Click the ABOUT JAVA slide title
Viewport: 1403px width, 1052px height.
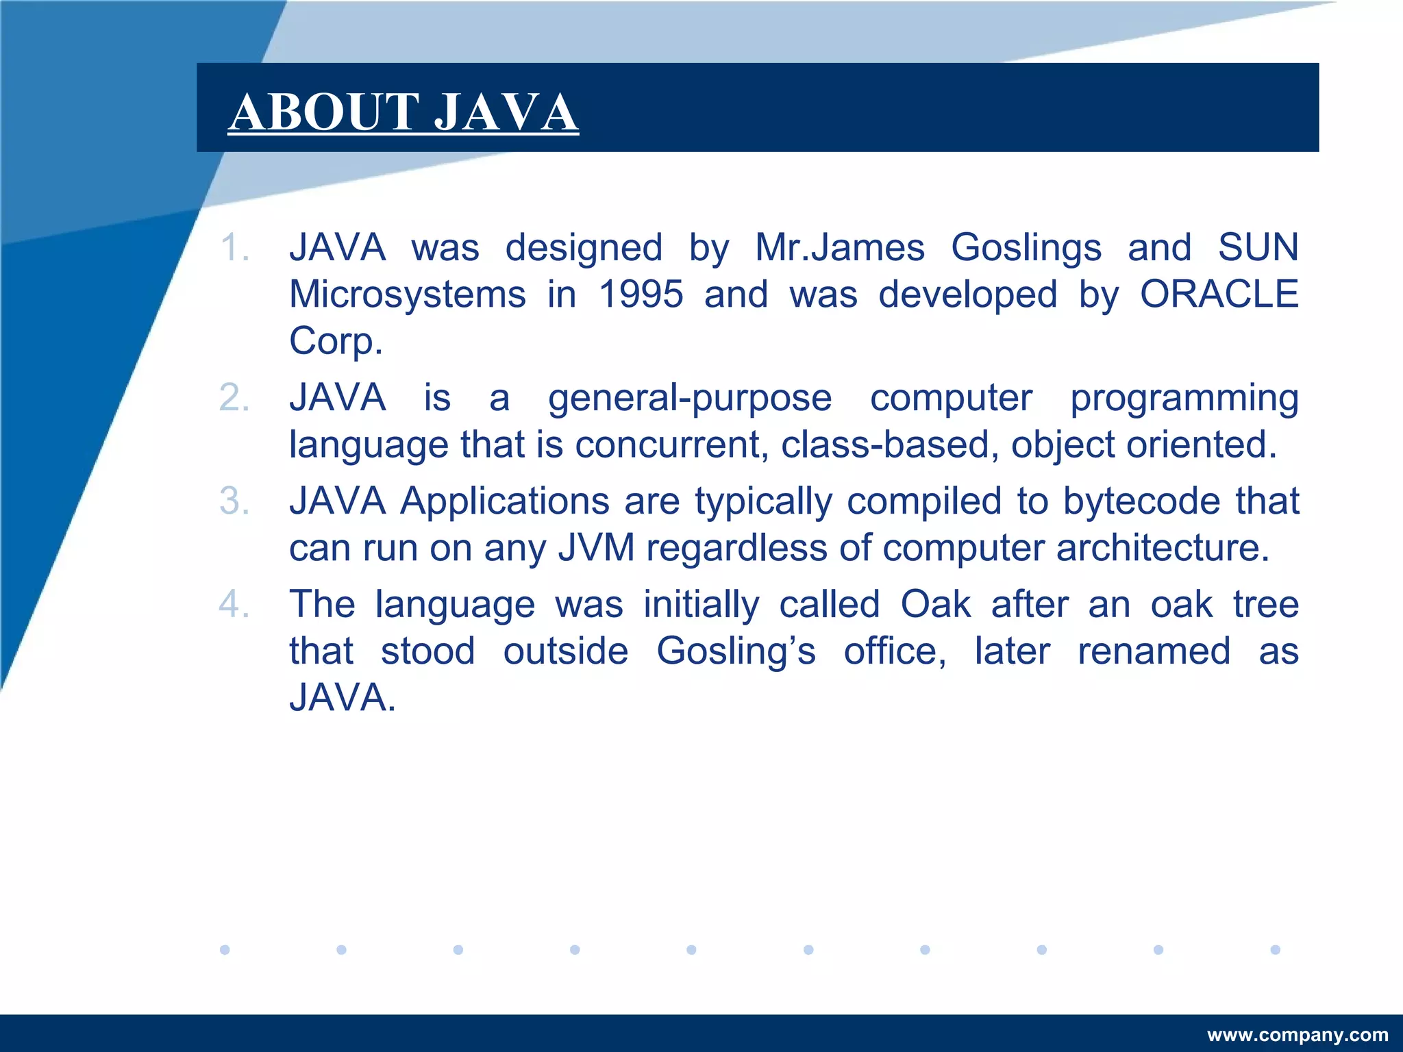point(403,112)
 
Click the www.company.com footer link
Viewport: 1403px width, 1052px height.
point(1298,1034)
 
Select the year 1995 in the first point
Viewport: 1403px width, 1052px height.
point(641,295)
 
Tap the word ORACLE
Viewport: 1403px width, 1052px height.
point(1219,295)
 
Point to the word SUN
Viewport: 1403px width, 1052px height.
point(1258,247)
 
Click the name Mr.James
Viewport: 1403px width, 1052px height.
point(839,247)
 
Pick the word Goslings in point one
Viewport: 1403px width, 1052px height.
point(1026,247)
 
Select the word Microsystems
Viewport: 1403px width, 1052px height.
point(408,295)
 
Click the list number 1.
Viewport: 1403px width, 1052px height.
point(234,247)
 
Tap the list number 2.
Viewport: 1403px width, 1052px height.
point(234,398)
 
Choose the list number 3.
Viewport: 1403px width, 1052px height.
point(234,501)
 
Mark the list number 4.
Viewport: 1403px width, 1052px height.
point(234,604)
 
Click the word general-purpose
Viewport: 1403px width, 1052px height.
point(690,398)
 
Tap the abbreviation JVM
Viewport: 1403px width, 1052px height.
point(597,548)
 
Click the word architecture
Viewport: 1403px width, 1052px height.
point(1163,548)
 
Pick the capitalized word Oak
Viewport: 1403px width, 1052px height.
point(935,604)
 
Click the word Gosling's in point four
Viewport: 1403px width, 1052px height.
point(736,651)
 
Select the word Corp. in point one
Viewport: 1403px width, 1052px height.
point(335,341)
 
